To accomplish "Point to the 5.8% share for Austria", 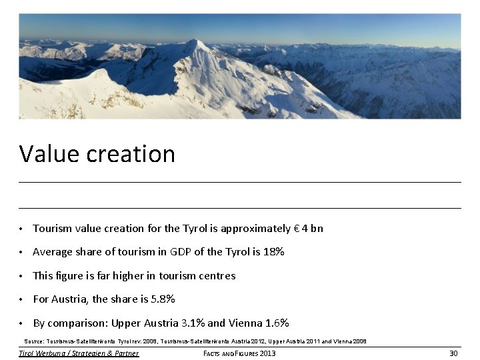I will pyautogui.click(x=163, y=299).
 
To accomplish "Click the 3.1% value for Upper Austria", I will pyautogui.click(x=193, y=323).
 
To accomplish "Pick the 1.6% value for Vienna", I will pyautogui.click(x=277, y=323).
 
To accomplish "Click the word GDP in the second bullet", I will pyautogui.click(x=181, y=252).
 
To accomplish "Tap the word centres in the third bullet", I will pyautogui.click(x=214, y=276).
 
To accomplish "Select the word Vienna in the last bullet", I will pyautogui.click(x=245, y=323).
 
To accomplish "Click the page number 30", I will pyautogui.click(x=453, y=353).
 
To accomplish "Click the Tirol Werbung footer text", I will pyautogui.click(x=79, y=353).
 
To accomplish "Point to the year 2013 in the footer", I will pyautogui.click(x=267, y=353).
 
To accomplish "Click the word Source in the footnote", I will pyautogui.click(x=34, y=341).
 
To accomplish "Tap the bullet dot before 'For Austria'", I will pyautogui.click(x=21, y=300).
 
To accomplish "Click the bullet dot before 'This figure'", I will pyautogui.click(x=21, y=277).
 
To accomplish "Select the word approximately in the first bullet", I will pyautogui.click(x=256, y=229).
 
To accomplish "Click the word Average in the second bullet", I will pyautogui.click(x=51, y=252).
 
